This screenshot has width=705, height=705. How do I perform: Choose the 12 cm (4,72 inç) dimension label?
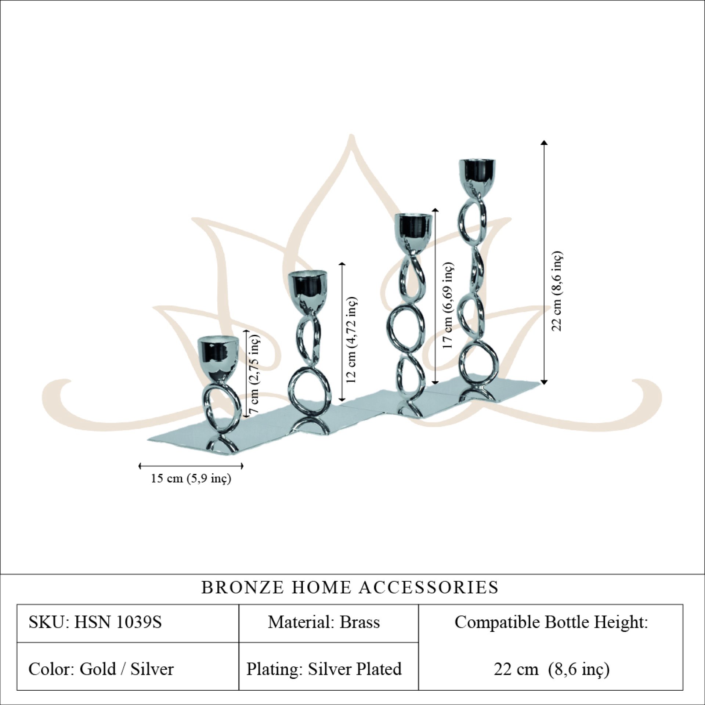pyautogui.click(x=351, y=340)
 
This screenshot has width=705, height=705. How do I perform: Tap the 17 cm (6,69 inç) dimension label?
pyautogui.click(x=448, y=305)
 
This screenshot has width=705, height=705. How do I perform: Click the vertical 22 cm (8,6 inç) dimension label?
pyautogui.click(x=557, y=291)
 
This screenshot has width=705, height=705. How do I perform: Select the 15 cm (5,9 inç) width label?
pyautogui.click(x=191, y=478)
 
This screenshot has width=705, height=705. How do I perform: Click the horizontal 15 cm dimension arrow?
pyautogui.click(x=191, y=466)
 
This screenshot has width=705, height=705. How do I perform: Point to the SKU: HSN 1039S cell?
pyautogui.click(x=95, y=622)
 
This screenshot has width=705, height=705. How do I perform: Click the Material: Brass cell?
pyautogui.click(x=324, y=622)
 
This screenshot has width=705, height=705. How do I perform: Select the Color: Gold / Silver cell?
pyautogui.click(x=101, y=669)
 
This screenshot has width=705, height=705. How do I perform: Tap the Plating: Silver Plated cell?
pyautogui.click(x=324, y=669)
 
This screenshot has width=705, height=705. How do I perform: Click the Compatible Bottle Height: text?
pyautogui.click(x=551, y=622)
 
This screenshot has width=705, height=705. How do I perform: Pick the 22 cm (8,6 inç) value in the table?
pyautogui.click(x=551, y=669)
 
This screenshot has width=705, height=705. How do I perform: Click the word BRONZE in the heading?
pyautogui.click(x=242, y=587)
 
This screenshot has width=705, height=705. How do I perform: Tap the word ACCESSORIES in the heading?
pyautogui.click(x=429, y=587)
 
